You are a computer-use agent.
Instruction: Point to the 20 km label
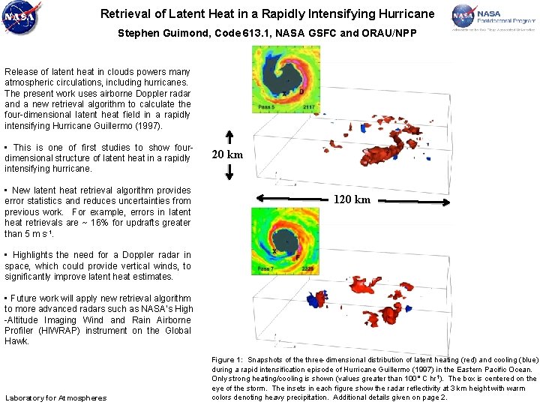[229, 154]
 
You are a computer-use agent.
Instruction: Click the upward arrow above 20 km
[229, 136]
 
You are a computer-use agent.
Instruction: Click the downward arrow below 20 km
[229, 172]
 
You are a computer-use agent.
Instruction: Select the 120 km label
[352, 200]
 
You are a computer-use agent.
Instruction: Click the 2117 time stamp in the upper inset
[308, 107]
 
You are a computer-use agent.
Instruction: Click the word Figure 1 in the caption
[227, 359]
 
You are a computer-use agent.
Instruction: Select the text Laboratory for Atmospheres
[55, 397]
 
